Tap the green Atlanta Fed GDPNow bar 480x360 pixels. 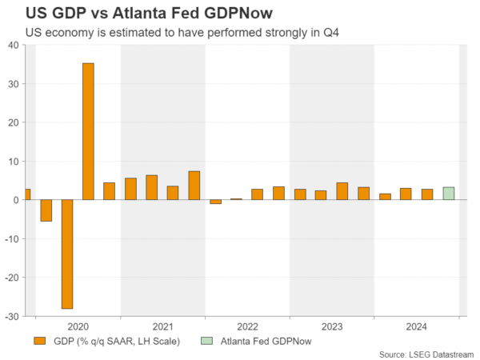449,194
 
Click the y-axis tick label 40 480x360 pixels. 14,45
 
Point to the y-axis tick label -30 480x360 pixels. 13,316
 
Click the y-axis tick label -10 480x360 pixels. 13,238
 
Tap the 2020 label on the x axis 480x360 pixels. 78,326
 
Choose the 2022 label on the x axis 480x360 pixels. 247,326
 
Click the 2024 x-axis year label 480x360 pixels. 417,326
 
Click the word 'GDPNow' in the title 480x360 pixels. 241,14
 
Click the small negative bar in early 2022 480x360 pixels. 215,202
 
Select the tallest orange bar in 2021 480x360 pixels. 194,186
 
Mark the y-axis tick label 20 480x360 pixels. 14,122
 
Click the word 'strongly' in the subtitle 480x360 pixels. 286,33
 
